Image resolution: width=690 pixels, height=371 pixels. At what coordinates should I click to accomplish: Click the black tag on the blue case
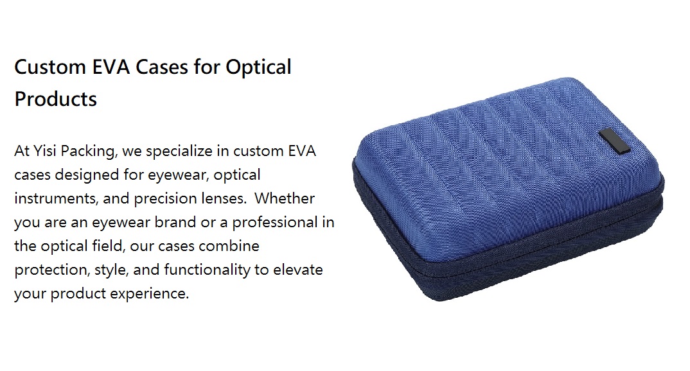pyautogui.click(x=614, y=142)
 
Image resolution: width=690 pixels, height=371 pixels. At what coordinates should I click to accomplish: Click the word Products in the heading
pyautogui.click(x=55, y=99)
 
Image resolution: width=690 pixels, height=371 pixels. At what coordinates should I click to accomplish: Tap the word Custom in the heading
pyautogui.click(x=50, y=67)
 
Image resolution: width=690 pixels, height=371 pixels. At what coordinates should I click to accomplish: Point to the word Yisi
pyautogui.click(x=45, y=151)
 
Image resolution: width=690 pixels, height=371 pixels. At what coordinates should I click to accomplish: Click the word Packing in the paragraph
pyautogui.click(x=89, y=151)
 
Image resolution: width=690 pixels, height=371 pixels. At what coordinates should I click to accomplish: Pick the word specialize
pyautogui.click(x=179, y=151)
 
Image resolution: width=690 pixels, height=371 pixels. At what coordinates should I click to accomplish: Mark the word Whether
pyautogui.click(x=285, y=198)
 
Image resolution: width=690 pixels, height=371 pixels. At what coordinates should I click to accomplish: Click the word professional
pyautogui.click(x=275, y=223)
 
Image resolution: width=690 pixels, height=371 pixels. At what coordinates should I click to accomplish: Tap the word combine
pyautogui.click(x=229, y=246)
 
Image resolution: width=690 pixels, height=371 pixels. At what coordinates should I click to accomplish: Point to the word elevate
pyautogui.click(x=298, y=270)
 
